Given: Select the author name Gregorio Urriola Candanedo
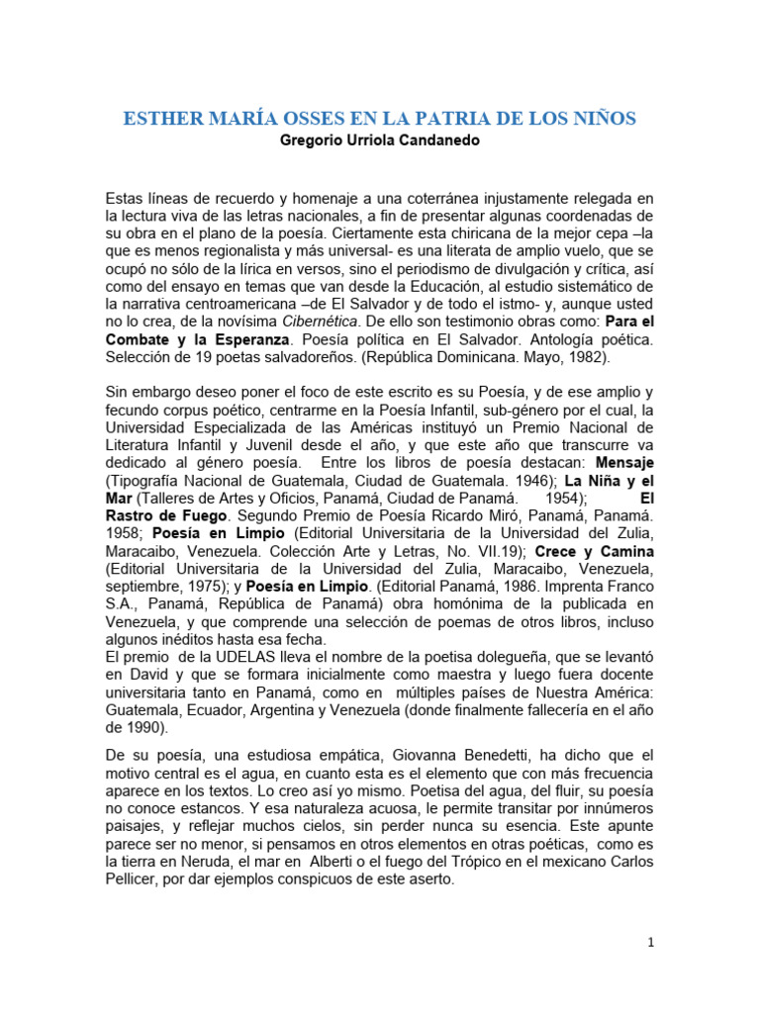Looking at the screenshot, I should tap(380, 140).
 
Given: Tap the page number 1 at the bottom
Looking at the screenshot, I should tap(650, 944).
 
